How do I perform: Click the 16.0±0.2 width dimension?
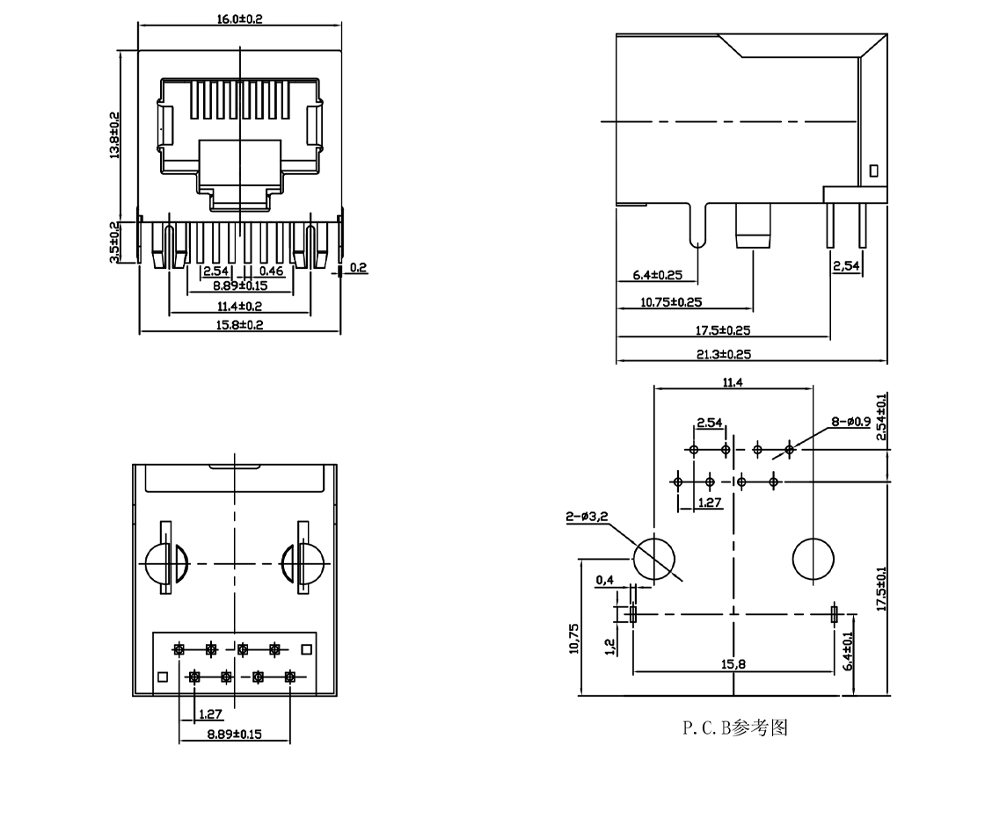[x=239, y=18]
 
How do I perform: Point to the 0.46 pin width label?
[x=271, y=271]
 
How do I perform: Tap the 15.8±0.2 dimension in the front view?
[x=239, y=325]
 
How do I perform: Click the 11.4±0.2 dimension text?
[x=239, y=306]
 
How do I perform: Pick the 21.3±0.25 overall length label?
[x=725, y=354]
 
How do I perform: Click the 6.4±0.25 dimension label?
[x=658, y=276]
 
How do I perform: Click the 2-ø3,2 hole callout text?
[x=587, y=519]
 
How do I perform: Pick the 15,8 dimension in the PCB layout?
[x=734, y=664]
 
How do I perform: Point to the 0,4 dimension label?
[x=604, y=580]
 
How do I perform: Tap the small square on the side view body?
[x=873, y=170]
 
